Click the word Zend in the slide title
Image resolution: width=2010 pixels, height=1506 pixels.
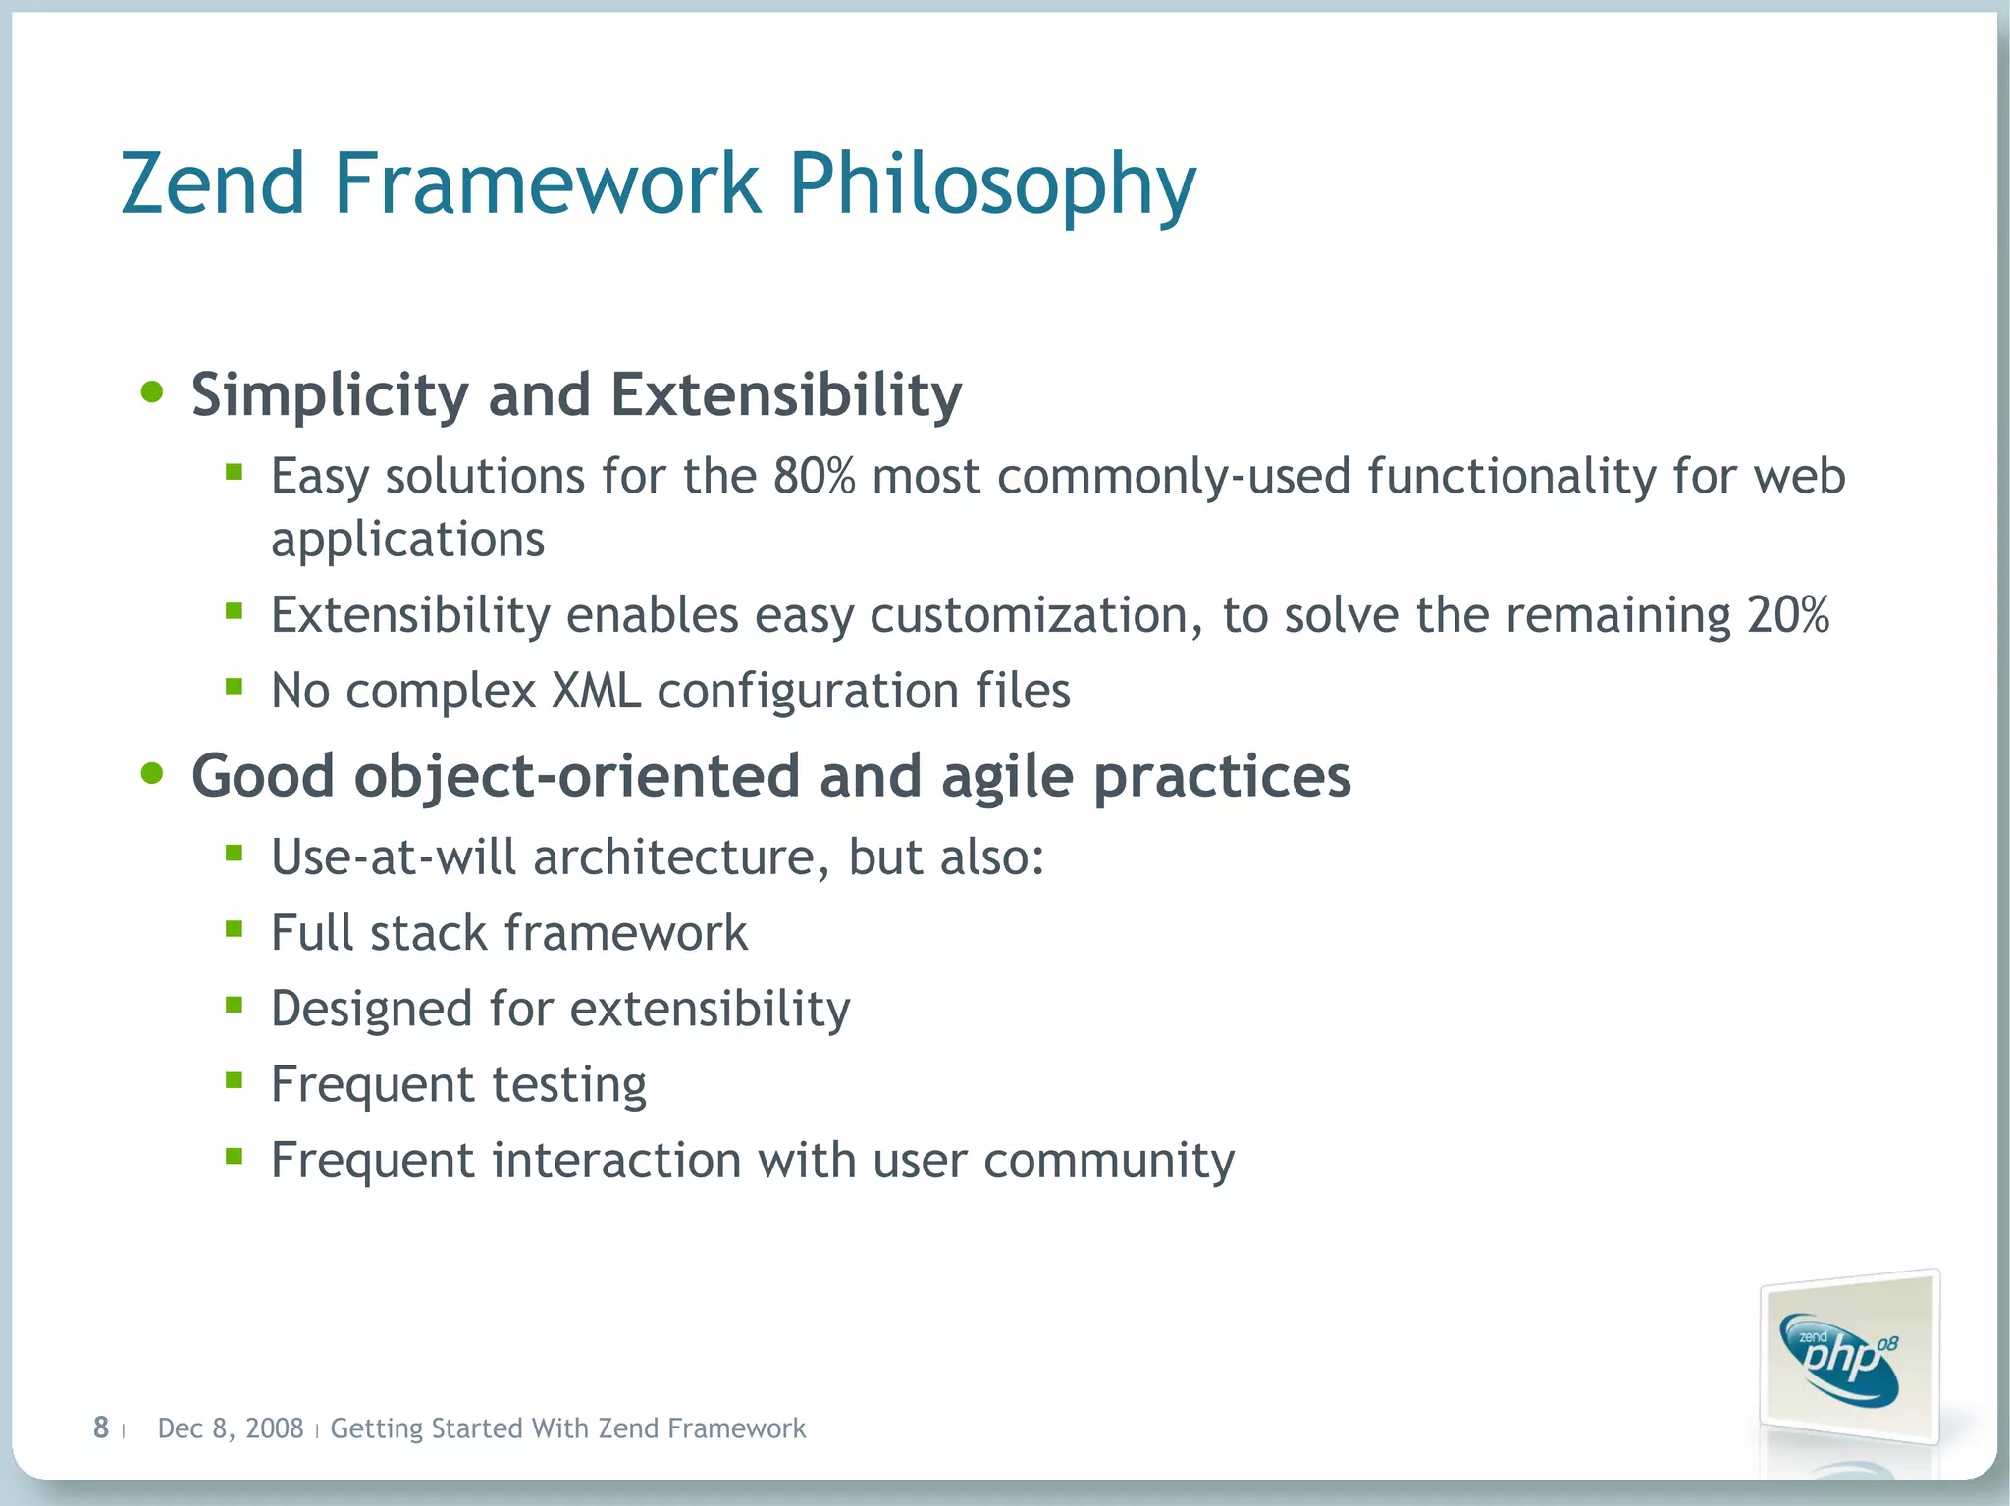[213, 184]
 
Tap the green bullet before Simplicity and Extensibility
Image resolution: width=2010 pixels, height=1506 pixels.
[152, 392]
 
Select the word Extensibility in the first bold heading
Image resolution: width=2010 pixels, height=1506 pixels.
[785, 394]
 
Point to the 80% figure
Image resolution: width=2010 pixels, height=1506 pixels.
[814, 477]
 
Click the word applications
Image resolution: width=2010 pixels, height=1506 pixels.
[407, 541]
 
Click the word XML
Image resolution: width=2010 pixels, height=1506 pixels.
[596, 691]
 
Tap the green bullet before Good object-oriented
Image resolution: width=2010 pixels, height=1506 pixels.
[152, 774]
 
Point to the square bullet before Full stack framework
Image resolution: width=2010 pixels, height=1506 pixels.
[234, 928]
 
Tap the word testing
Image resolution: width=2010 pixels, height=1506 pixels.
[568, 1085]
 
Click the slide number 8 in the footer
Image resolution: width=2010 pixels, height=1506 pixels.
[100, 1428]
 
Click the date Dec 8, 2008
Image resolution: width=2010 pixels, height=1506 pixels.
[230, 1428]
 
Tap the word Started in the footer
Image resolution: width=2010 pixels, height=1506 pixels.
[476, 1428]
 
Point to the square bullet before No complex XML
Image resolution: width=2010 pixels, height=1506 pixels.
[234, 687]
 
